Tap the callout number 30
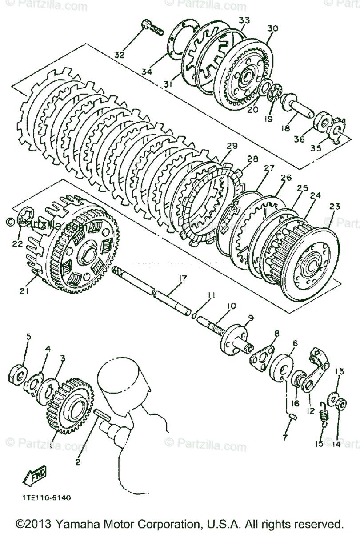pyautogui.click(x=272, y=28)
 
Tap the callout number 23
pyautogui.click(x=335, y=206)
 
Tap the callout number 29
pyautogui.click(x=232, y=146)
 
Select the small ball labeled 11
pyautogui.click(x=195, y=315)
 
